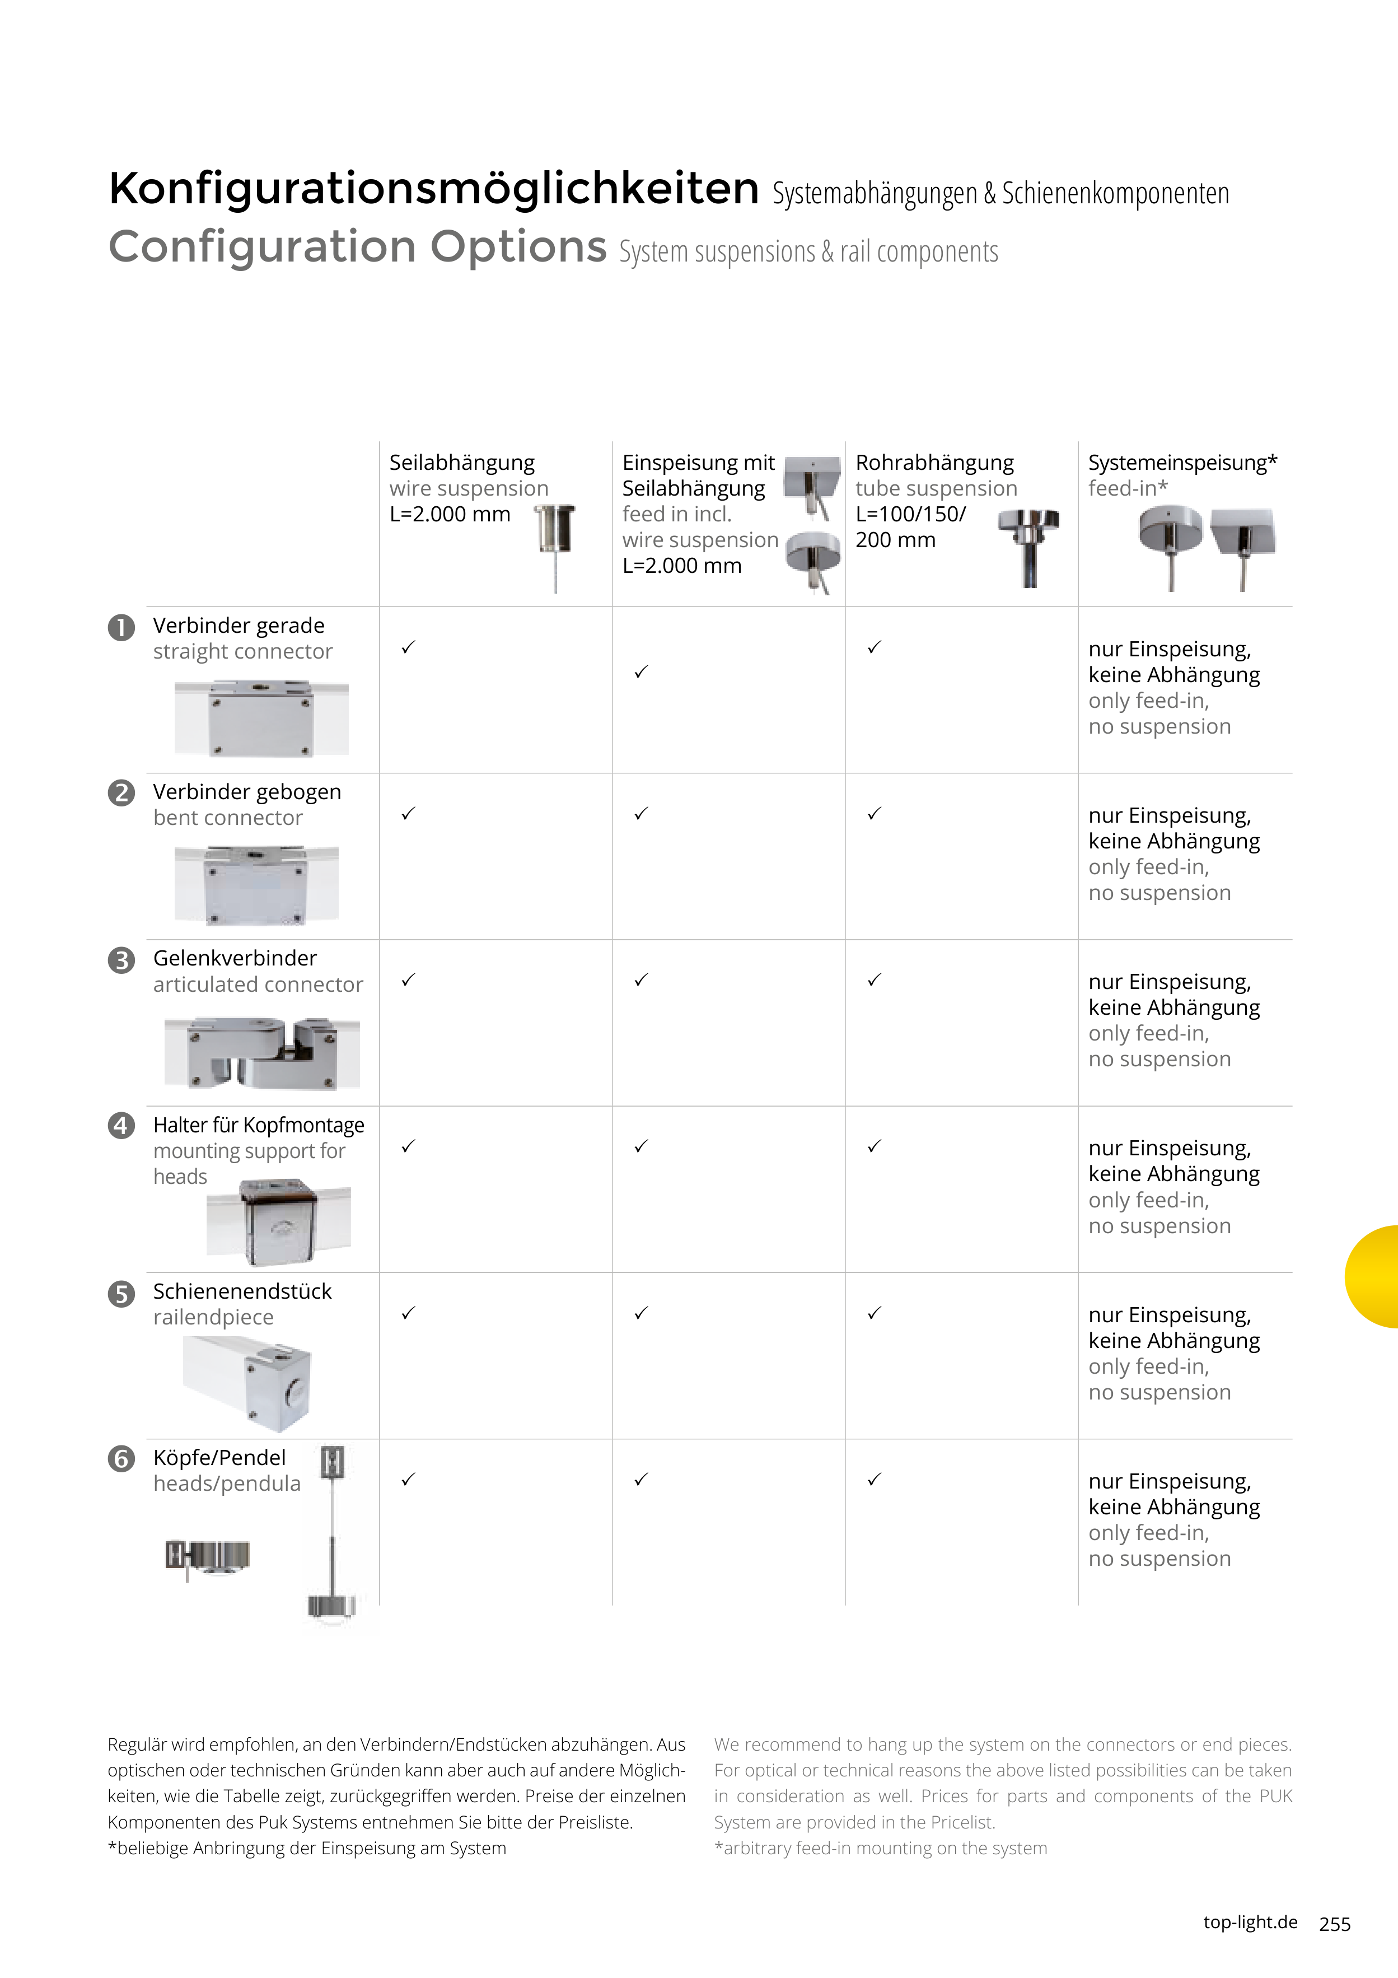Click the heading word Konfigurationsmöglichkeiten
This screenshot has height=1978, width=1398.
tap(433, 189)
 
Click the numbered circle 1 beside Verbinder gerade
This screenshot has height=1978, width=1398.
tap(121, 627)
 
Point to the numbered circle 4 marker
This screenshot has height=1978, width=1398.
tap(121, 1126)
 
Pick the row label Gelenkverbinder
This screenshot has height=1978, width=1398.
tap(235, 958)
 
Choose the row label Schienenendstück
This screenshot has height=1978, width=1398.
tap(242, 1291)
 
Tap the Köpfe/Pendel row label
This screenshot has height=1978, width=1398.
tap(219, 1458)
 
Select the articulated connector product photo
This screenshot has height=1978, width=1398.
tap(262, 1053)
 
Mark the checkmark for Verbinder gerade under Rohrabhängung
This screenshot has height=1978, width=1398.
tap(875, 647)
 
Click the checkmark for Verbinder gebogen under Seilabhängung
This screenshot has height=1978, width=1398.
tap(408, 813)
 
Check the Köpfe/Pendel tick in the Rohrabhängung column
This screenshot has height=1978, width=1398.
tap(875, 1479)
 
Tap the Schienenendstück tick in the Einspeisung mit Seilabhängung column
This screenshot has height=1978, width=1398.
tap(641, 1313)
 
